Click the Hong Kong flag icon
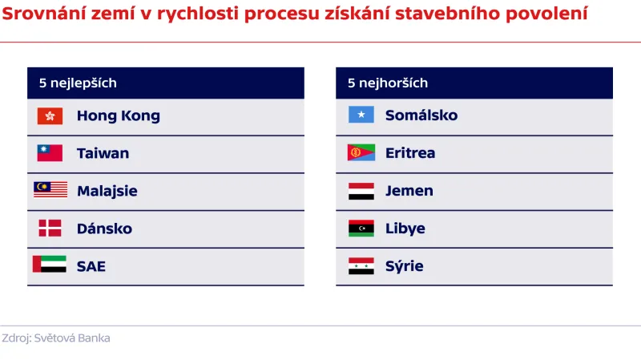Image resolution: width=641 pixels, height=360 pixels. tap(50, 115)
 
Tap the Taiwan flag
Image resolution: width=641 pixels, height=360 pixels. tap(50, 153)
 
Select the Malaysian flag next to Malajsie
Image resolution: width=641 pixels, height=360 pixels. tap(50, 190)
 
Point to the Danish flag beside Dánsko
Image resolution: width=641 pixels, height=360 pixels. tap(50, 228)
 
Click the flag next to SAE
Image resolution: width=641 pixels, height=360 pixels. tap(50, 265)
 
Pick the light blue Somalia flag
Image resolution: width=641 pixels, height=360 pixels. tap(361, 115)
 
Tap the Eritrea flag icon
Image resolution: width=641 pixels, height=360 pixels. tap(361, 153)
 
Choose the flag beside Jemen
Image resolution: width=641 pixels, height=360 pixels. tap(361, 191)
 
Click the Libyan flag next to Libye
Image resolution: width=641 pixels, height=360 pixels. tap(361, 229)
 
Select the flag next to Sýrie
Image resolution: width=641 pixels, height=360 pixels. tap(361, 266)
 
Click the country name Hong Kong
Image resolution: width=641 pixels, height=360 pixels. tap(119, 115)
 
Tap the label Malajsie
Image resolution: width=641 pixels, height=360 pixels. tap(107, 191)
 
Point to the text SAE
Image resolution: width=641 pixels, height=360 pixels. tap(91, 266)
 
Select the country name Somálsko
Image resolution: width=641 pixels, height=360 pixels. tap(421, 115)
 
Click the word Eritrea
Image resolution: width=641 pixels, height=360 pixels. tap(410, 153)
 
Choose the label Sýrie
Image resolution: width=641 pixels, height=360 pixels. tap(405, 266)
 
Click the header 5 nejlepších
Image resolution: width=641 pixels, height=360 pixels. tap(78, 83)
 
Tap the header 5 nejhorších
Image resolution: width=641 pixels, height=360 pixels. tap(388, 83)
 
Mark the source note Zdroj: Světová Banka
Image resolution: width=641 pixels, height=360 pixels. tap(56, 338)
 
